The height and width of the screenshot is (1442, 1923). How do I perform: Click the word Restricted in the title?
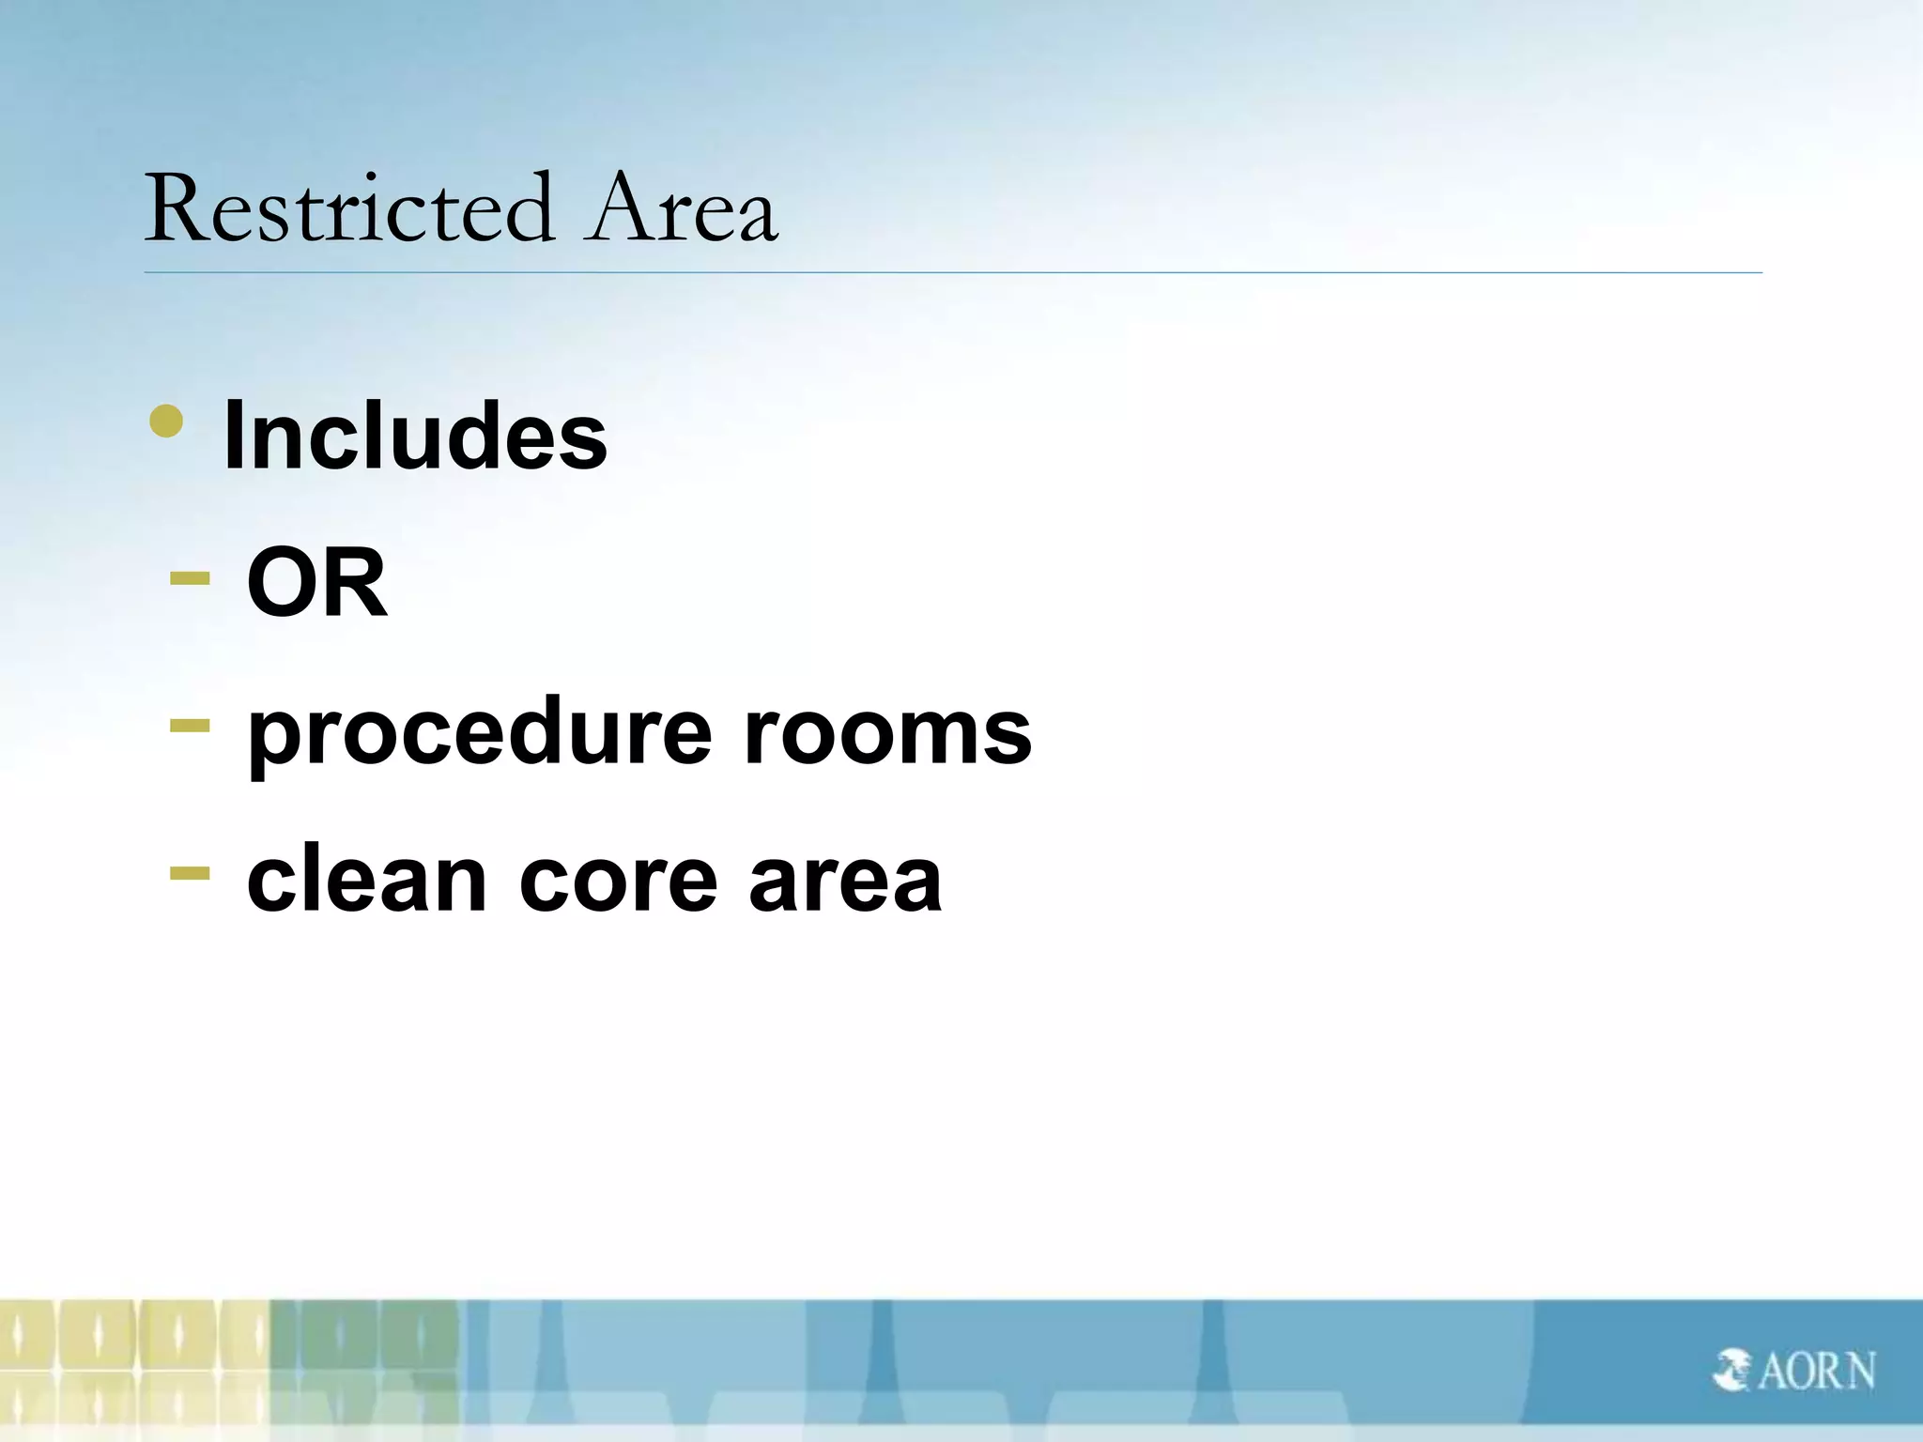pos(347,207)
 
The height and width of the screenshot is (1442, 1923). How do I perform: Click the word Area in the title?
pos(681,207)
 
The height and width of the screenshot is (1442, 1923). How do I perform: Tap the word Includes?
pos(415,436)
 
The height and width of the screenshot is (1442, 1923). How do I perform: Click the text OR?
pos(316,583)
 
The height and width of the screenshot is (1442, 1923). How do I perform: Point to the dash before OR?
pos(190,578)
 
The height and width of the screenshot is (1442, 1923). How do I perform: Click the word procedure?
pos(480,733)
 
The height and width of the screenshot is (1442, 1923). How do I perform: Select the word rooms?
pos(887,731)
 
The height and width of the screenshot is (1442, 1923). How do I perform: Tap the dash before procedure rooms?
pos(190,725)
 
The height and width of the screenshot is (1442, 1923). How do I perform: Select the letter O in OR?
pos(282,583)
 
